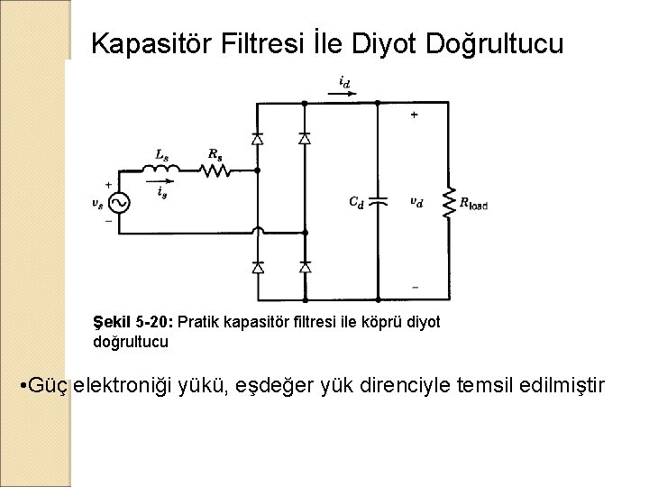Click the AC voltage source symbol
pos(118,202)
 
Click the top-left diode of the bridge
pos(258,139)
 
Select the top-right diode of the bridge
pos(304,139)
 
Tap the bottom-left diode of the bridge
pos(258,267)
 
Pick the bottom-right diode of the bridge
pos(304,267)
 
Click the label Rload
pos(473,205)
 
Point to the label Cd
pos(357,202)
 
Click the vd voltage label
pos(416,202)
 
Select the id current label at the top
pos(344,81)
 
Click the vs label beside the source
pos(96,203)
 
